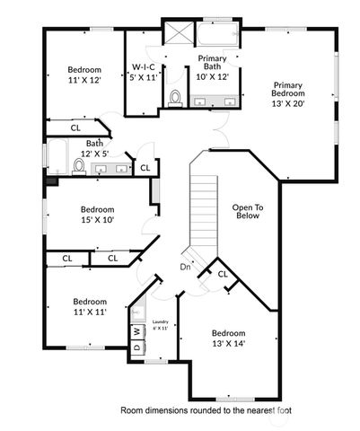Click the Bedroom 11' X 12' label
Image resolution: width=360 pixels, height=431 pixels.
84,75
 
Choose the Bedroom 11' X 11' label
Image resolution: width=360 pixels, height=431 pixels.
90,306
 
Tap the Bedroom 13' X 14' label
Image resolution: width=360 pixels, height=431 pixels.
229,338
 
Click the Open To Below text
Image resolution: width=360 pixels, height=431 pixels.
247,212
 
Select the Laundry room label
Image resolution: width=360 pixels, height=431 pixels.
160,325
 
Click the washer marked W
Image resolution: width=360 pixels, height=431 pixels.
137,331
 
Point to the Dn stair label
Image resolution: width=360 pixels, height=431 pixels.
185,268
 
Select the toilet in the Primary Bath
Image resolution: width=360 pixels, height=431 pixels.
174,100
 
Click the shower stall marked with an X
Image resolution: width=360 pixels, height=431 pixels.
178,34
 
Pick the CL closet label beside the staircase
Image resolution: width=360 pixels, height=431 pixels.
222,274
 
